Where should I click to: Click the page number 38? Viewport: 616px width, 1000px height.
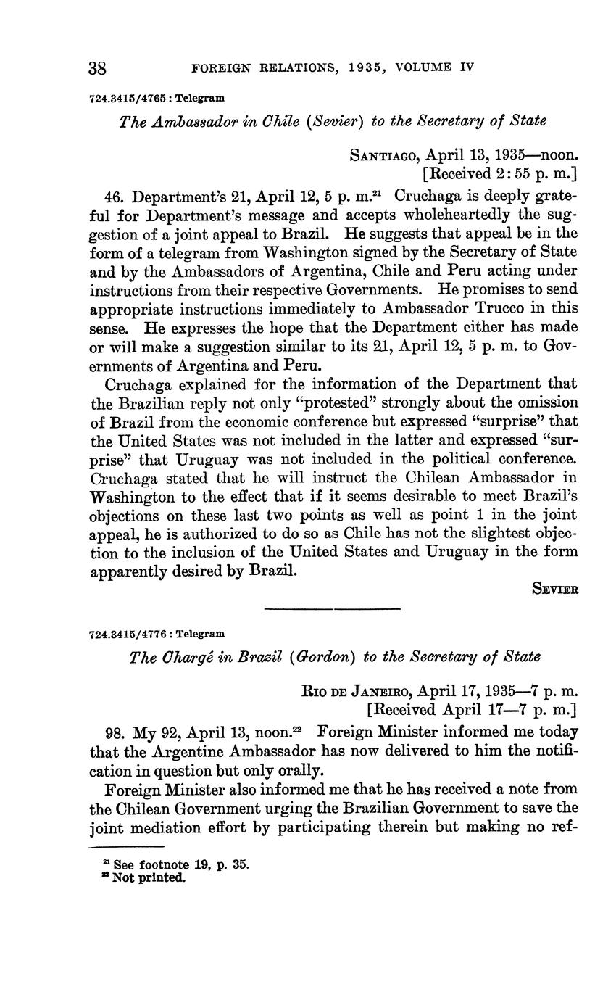(x=98, y=68)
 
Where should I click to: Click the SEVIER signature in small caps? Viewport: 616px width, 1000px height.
(x=555, y=590)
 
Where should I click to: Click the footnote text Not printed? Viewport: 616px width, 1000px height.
(x=150, y=878)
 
